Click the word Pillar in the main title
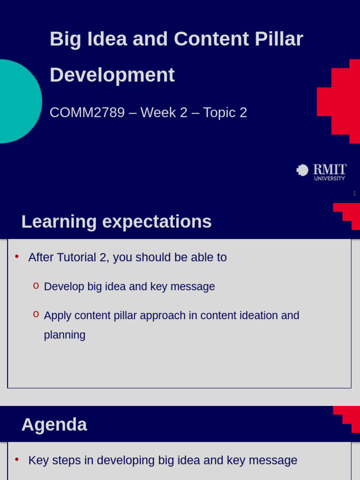[279, 39]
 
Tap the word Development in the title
[112, 75]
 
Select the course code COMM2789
[87, 112]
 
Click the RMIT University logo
[322, 172]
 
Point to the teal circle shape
[18, 101]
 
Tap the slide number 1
[354, 193]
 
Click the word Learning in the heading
[59, 222]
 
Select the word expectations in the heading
[157, 222]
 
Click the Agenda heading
[54, 425]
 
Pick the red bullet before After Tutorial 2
[17, 256]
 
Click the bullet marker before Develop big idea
[36, 286]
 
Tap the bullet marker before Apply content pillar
[36, 315]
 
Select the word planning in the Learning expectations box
[65, 335]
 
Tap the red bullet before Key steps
[17, 459]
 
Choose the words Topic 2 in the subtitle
[225, 112]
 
